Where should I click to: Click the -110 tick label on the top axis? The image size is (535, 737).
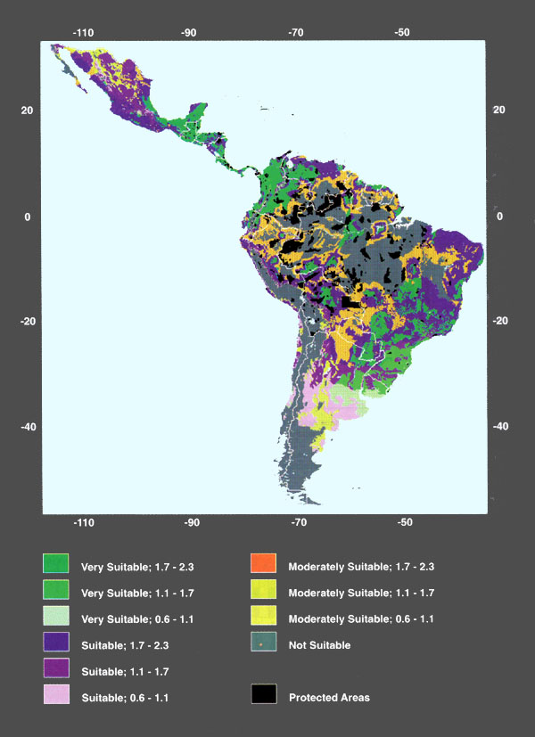(x=83, y=33)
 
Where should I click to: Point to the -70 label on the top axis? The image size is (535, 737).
(x=296, y=33)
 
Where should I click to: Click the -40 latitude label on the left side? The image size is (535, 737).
(x=28, y=427)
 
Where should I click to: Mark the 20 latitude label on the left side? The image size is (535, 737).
(x=28, y=111)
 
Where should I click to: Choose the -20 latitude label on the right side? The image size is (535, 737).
(x=500, y=322)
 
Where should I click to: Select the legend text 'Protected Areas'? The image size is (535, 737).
(x=329, y=697)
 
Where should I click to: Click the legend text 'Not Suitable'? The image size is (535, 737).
(x=319, y=645)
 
